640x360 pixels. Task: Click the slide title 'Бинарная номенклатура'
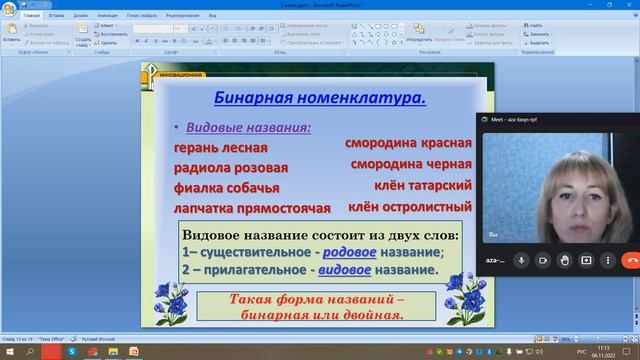pyautogui.click(x=320, y=98)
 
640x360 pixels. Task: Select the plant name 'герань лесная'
pyautogui.click(x=213, y=148)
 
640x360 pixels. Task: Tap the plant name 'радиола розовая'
pyautogui.click(x=230, y=168)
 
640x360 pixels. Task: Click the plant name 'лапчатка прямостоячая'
pyautogui.click(x=251, y=208)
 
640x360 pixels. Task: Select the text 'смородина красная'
pyautogui.click(x=408, y=143)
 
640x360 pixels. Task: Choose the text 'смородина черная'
pyautogui.click(x=408, y=164)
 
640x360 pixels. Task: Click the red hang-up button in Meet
pyautogui.click(x=631, y=259)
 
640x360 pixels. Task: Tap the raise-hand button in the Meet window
pyautogui.click(x=564, y=259)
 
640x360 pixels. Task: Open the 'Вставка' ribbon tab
pyautogui.click(x=57, y=17)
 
